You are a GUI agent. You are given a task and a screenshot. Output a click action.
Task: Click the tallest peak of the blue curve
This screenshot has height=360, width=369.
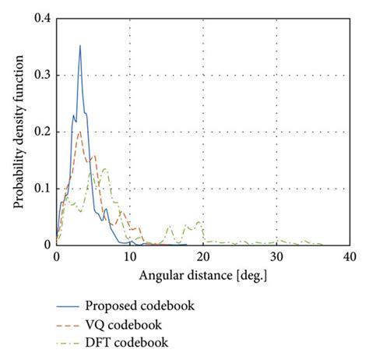pyautogui.click(x=79, y=46)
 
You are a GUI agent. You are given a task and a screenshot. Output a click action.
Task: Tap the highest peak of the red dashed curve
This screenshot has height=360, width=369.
pyautogui.click(x=79, y=131)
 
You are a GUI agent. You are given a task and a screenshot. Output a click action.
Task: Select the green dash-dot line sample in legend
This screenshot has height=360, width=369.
pyautogui.click(x=71, y=342)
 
